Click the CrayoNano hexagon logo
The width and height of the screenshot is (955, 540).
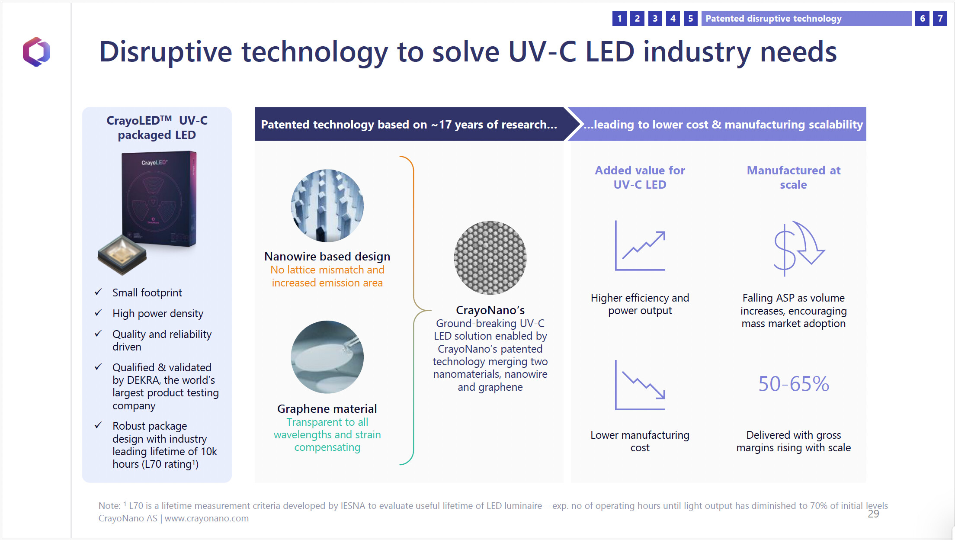(36, 51)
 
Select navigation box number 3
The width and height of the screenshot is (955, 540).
(655, 19)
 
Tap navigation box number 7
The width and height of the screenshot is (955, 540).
(940, 19)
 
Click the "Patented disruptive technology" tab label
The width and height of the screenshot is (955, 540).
(773, 19)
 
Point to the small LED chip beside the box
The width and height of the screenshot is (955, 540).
(122, 255)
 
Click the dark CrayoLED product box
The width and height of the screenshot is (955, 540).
(159, 199)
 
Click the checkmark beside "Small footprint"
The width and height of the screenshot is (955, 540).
(98, 292)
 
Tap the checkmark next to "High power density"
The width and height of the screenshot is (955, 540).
(98, 313)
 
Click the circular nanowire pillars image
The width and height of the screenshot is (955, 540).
(327, 206)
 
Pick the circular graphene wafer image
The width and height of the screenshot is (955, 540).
(327, 357)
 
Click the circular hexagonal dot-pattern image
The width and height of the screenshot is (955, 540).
(490, 258)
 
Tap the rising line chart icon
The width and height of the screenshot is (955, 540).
(640, 245)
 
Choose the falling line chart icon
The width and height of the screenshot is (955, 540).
(640, 385)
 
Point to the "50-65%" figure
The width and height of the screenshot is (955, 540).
(794, 384)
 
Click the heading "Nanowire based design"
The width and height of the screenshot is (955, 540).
(327, 257)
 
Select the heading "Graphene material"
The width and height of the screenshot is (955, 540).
(327, 409)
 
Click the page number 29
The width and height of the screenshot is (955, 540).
(873, 514)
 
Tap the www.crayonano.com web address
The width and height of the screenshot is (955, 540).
(207, 518)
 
